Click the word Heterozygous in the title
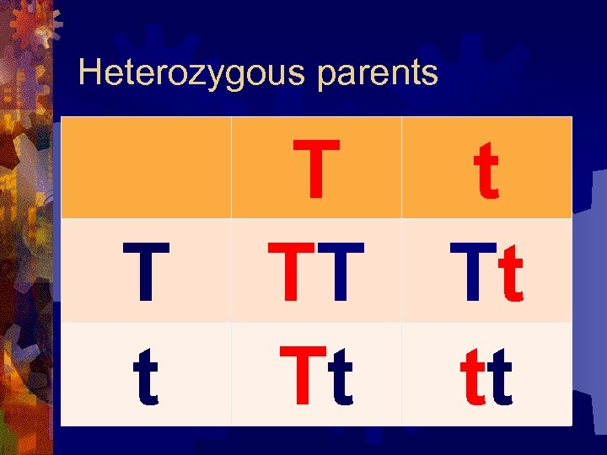pos(190,73)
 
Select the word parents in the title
pos(378,74)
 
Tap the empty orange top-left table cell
pos(146,167)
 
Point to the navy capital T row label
pos(146,271)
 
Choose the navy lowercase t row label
pos(146,376)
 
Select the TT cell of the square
pos(316,271)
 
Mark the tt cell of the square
pos(486,376)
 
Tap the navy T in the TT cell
pos(339,271)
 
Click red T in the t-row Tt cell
pos(302,376)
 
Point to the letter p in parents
pos(326,77)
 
